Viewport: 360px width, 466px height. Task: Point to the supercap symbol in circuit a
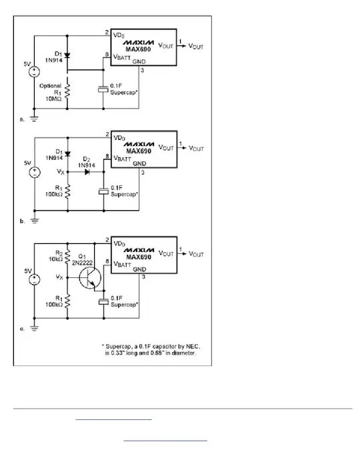click(102, 89)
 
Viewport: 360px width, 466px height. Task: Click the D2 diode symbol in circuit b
click(87, 171)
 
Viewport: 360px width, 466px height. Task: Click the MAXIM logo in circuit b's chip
click(137, 143)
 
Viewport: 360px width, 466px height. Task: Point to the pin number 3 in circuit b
click(142, 172)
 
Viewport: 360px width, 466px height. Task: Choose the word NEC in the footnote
click(189, 346)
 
